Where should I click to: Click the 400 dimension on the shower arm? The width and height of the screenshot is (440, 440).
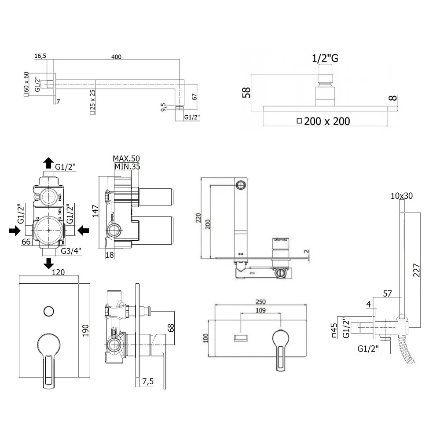tap(116, 56)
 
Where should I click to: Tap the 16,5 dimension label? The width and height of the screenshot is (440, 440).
tap(40, 55)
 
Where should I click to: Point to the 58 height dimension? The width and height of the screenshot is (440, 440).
tap(246, 92)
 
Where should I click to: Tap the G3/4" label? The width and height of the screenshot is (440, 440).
tap(71, 251)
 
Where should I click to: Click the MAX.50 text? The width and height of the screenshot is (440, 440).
tap(126, 158)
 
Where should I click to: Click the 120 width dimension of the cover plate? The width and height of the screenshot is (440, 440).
tap(58, 272)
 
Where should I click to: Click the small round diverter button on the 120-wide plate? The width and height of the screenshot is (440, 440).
tap(48, 312)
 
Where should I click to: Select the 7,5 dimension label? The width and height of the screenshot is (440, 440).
tap(148, 382)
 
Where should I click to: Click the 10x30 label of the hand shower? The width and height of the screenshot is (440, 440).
tap(401, 196)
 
